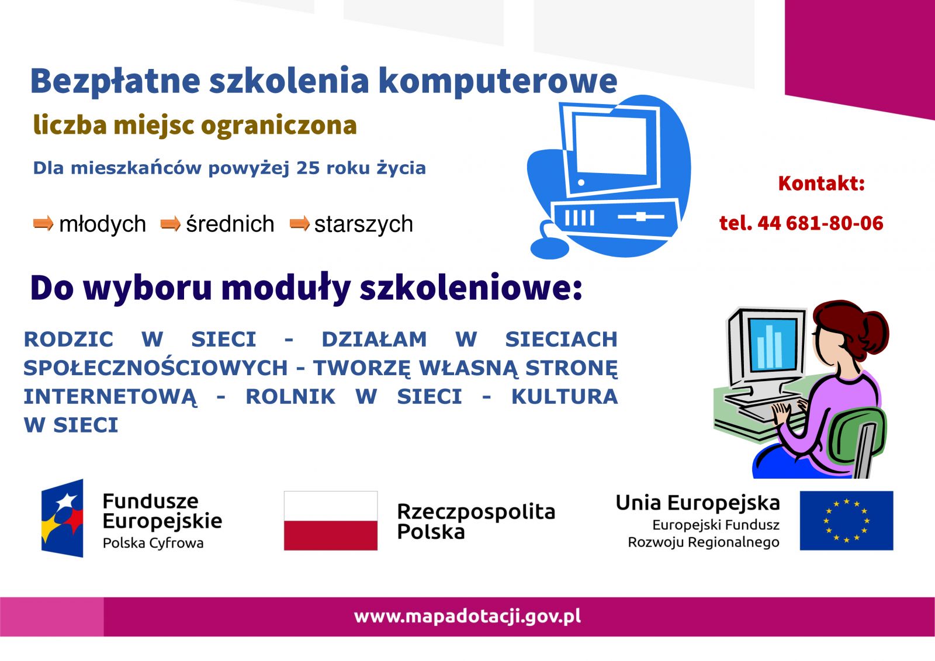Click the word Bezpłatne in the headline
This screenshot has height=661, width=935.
pos(115,81)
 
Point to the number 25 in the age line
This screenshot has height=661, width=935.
pos(307,168)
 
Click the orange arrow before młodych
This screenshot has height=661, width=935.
pos(43,223)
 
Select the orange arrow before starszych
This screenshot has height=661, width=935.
pos(300,223)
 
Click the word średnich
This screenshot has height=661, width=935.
pos(230,224)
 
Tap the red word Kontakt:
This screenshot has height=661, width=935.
pos(822,184)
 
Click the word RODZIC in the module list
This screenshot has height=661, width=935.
pos(68,339)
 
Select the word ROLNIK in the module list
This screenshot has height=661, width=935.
pos(290,396)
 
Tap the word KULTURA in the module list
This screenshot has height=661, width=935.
pos(565,396)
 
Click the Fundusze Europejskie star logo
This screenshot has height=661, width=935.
pos(62,518)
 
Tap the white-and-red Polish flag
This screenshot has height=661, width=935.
pos(331,520)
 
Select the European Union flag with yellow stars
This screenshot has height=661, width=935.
pos(847,520)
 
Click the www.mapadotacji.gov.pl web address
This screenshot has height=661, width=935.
pos(467,617)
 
